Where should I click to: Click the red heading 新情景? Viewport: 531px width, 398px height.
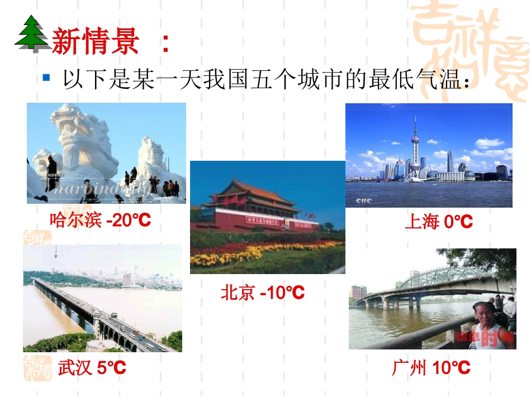click(95, 42)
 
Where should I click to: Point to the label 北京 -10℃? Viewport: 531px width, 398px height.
click(262, 292)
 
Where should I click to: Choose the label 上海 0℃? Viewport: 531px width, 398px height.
click(438, 222)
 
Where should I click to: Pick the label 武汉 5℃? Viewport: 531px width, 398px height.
click(92, 368)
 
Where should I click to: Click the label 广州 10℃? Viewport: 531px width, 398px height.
click(431, 368)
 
